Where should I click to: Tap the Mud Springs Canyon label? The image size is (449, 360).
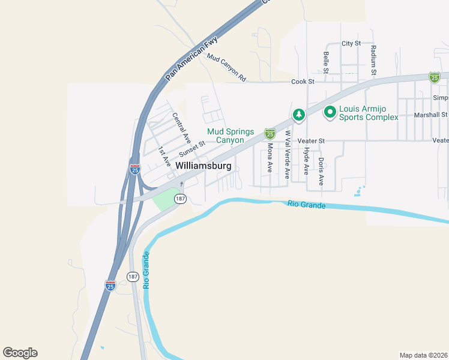coord(231,136)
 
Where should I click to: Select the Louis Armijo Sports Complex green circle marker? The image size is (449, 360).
coord(330,112)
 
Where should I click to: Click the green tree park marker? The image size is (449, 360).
coord(298,114)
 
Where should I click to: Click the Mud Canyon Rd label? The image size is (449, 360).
coord(226,67)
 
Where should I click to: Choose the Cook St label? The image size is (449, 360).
coord(303,82)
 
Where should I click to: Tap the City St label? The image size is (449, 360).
coord(351,44)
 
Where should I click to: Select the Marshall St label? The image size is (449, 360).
coord(431,114)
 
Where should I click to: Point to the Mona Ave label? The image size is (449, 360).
coord(270,158)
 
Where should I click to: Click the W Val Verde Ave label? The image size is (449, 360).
coord(288,155)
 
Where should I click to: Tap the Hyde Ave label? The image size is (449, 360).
coord(306,160)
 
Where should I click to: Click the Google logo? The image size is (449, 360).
coord(20,353)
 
